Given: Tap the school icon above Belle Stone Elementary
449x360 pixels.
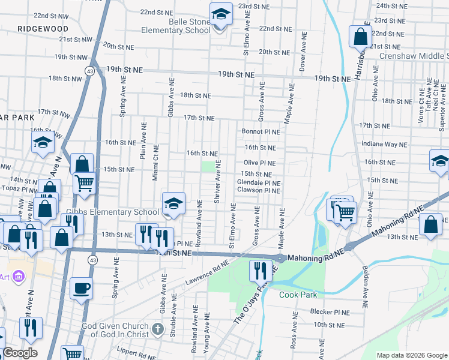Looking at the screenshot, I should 220,14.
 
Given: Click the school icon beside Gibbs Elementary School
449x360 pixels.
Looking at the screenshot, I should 173,205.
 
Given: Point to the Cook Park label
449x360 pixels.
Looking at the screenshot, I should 298,295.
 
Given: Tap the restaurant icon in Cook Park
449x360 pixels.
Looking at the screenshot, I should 260,271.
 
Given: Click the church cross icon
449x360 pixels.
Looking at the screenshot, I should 157,328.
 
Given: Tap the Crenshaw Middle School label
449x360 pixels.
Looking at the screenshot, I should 414,56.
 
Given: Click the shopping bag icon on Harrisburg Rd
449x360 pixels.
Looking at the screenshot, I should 360,37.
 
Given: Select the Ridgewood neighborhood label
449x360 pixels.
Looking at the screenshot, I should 43,28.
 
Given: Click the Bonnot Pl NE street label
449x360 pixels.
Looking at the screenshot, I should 261,131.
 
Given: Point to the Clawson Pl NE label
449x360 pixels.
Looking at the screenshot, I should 259,190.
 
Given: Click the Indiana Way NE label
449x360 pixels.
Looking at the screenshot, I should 384,144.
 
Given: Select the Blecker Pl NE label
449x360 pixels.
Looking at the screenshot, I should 330,312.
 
